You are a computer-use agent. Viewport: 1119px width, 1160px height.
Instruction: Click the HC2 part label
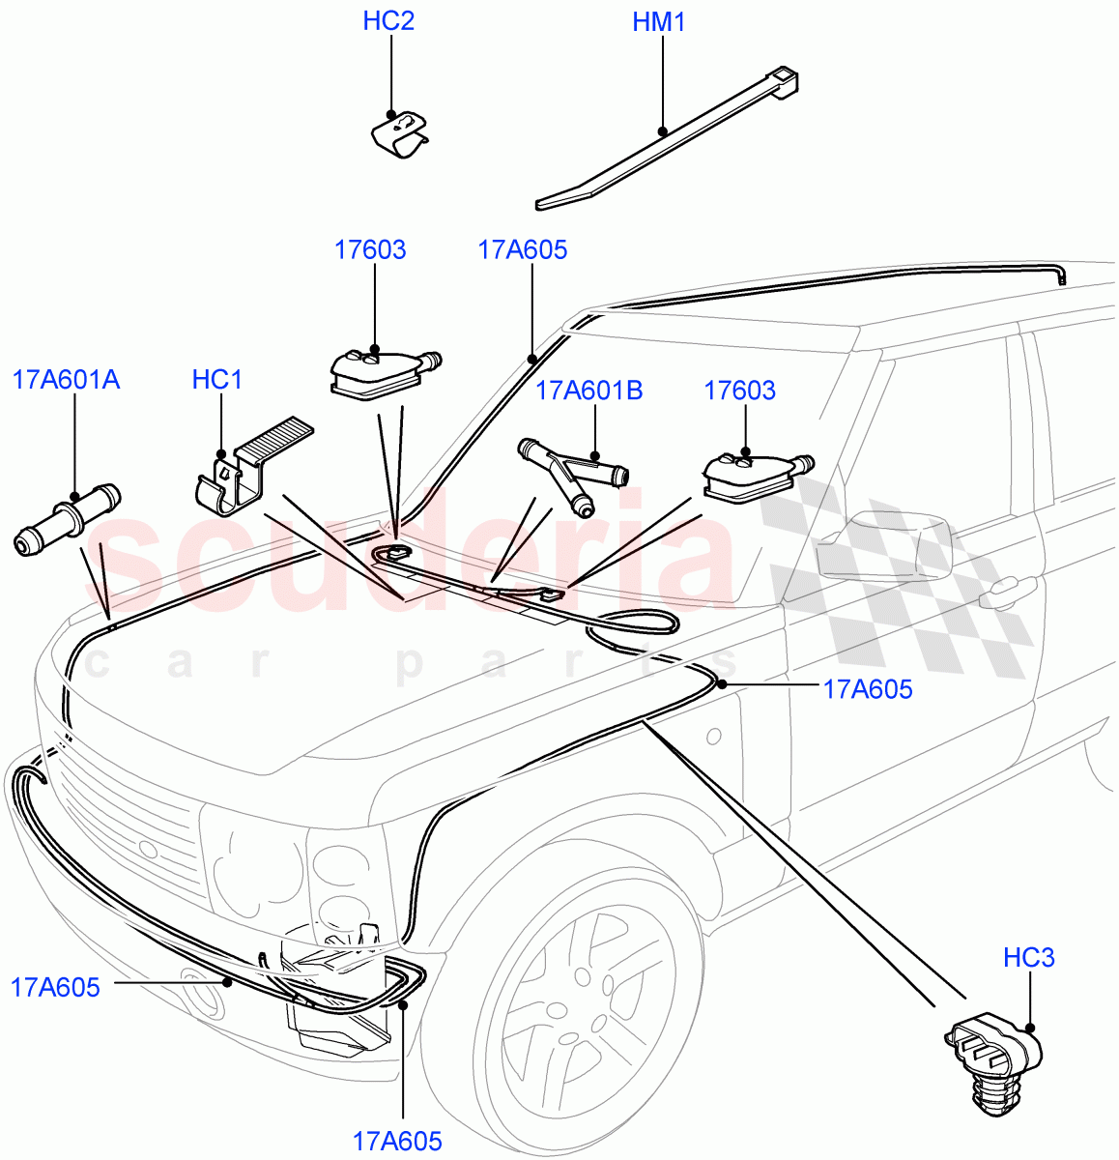[x=388, y=21]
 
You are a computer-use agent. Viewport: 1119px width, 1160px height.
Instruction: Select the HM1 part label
[x=659, y=22]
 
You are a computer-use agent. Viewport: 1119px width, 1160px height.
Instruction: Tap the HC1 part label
[x=217, y=380]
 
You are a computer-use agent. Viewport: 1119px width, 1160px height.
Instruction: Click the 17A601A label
[x=67, y=380]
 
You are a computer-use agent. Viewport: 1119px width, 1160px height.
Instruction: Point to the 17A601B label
[x=588, y=391]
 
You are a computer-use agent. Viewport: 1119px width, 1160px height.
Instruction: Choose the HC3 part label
[x=1028, y=958]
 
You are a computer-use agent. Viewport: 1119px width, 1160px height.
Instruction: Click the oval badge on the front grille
[x=147, y=850]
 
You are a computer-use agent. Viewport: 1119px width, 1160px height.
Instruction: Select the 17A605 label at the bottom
[x=397, y=1142]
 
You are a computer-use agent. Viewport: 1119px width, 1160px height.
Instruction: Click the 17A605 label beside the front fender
[x=867, y=689]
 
